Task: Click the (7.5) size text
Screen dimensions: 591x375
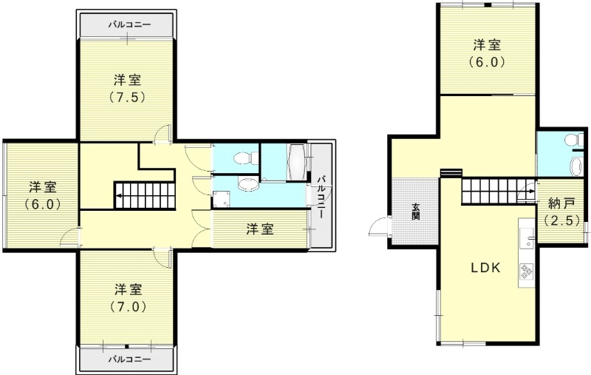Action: pyautogui.click(x=127, y=98)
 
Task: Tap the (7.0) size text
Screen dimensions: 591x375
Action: pyautogui.click(x=129, y=307)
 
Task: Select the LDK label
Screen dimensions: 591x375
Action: pyautogui.click(x=485, y=268)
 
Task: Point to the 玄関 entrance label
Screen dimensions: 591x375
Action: pyautogui.click(x=416, y=212)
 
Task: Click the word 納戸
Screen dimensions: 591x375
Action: pyautogui.click(x=561, y=204)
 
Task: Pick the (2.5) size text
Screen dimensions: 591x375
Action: pyautogui.click(x=561, y=220)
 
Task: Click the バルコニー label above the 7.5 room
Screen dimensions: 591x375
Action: pyautogui.click(x=130, y=24)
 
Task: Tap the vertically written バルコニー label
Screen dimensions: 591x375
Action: pyautogui.click(x=321, y=197)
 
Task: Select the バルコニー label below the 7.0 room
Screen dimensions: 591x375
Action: pyautogui.click(x=130, y=359)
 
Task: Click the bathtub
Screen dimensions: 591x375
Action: pyautogui.click(x=296, y=162)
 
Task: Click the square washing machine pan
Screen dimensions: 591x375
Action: pyautogui.click(x=220, y=199)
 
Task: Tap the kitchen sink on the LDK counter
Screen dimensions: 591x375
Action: pyautogui.click(x=526, y=238)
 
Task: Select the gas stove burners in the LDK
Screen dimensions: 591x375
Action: pyautogui.click(x=526, y=271)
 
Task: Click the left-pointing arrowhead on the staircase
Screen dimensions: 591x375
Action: pyautogui.click(x=119, y=195)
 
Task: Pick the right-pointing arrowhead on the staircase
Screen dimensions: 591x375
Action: pyautogui.click(x=532, y=191)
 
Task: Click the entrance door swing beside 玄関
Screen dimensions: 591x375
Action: pyautogui.click(x=378, y=226)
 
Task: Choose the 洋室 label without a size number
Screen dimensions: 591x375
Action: pyautogui.click(x=260, y=229)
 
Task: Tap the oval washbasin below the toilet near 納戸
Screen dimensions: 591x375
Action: pyautogui.click(x=576, y=166)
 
